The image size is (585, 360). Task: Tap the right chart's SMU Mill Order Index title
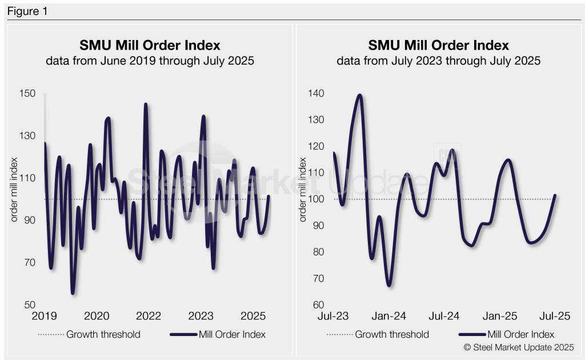point(438,46)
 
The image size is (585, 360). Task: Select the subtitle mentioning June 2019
point(150,61)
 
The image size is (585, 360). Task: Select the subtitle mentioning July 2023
point(438,61)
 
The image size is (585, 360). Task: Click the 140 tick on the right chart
point(317,94)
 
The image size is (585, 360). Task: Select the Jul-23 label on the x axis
point(334,317)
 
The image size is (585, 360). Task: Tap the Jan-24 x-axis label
point(390,317)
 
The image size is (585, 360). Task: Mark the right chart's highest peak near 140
point(359,95)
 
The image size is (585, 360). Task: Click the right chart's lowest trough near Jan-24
point(389,285)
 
